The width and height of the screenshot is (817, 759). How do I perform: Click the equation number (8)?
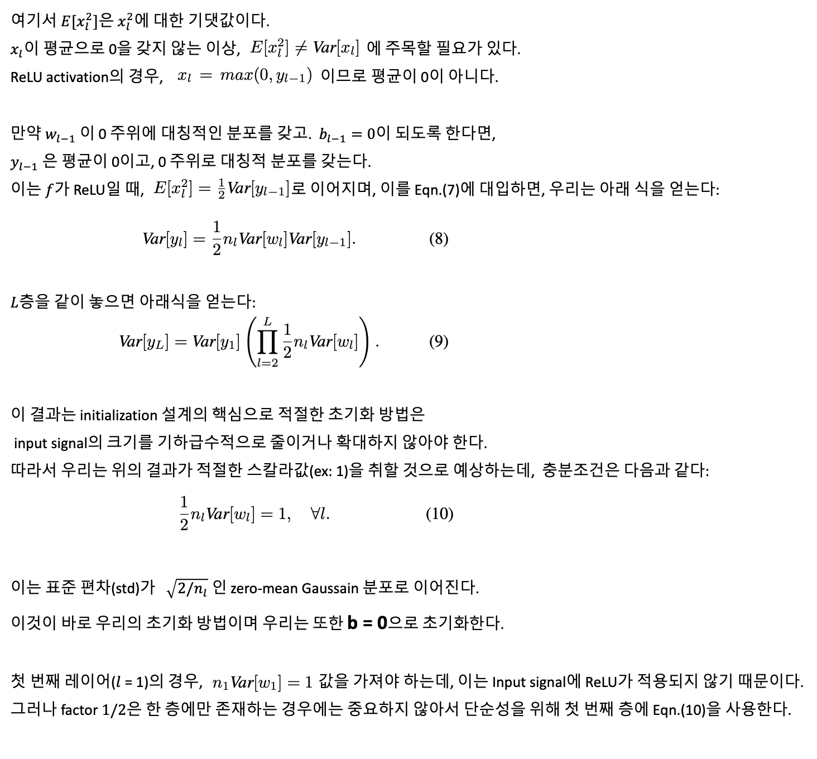tap(439, 239)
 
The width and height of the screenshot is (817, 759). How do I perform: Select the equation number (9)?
tap(439, 341)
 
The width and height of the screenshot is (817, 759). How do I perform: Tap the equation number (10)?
tap(439, 513)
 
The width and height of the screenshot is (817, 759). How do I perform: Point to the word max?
tap(237, 75)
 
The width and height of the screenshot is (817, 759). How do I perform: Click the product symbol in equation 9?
tap(267, 342)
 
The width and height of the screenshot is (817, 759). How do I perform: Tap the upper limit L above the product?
tap(268, 321)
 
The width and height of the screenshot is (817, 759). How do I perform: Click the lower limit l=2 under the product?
tap(267, 363)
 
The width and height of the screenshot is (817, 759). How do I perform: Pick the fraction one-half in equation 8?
tap(217, 238)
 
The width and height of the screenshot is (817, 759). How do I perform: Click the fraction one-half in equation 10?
tap(184, 513)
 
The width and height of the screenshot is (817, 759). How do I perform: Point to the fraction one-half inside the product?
tap(287, 341)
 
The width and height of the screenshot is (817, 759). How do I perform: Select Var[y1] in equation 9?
tap(216, 342)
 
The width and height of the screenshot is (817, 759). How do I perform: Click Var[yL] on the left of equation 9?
tap(143, 342)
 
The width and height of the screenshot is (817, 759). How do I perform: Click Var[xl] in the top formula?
tap(336, 49)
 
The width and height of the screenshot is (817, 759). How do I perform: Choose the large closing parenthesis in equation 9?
tap(364, 342)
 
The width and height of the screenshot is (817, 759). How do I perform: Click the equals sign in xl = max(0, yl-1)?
tap(206, 75)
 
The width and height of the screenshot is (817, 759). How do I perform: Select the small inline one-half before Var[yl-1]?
tap(222, 190)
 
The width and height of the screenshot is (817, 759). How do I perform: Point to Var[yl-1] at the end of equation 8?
tap(321, 239)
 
